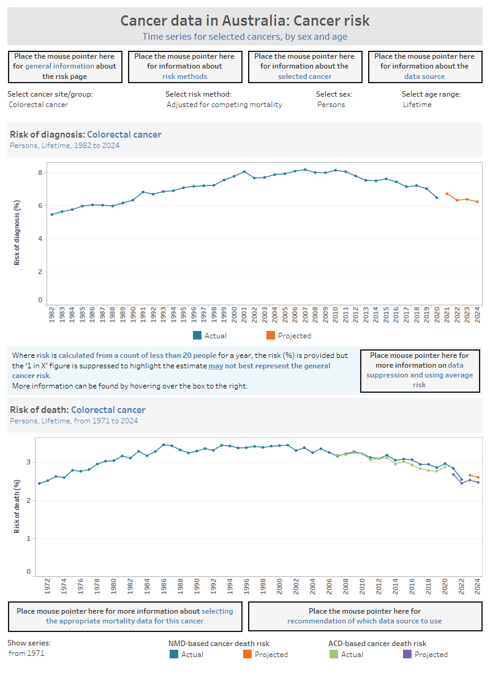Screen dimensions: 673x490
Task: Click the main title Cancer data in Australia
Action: point(244,21)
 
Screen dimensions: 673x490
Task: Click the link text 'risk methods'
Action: point(184,76)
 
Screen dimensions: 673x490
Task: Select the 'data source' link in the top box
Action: point(424,76)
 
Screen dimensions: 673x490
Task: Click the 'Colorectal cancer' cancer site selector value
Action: point(39,105)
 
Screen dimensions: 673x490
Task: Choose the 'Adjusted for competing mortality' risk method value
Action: point(224,105)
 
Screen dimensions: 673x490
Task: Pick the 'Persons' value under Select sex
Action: point(331,105)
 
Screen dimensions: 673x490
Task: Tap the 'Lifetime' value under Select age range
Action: point(417,105)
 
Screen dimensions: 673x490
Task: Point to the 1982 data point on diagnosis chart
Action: point(51,214)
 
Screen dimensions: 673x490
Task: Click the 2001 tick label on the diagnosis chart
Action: point(244,314)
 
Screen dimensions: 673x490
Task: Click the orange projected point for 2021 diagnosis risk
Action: point(447,193)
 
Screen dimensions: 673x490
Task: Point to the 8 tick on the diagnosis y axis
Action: point(40,173)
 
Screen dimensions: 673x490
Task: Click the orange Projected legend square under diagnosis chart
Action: point(271,335)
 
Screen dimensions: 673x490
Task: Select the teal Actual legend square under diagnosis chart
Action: point(197,335)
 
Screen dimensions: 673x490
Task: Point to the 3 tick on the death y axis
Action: point(28,462)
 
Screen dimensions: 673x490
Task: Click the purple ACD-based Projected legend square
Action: point(407,654)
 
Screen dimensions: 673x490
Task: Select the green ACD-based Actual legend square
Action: point(333,654)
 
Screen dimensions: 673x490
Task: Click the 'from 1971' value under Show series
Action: point(26,653)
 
